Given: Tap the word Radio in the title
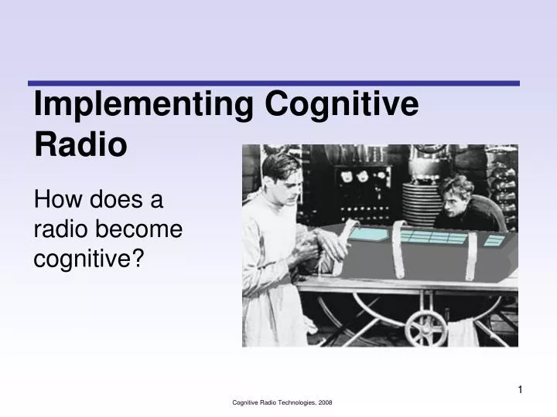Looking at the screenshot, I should (x=80, y=144).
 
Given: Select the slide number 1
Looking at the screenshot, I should (x=520, y=389).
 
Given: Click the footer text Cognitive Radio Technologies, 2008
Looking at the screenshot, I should (x=282, y=403).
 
